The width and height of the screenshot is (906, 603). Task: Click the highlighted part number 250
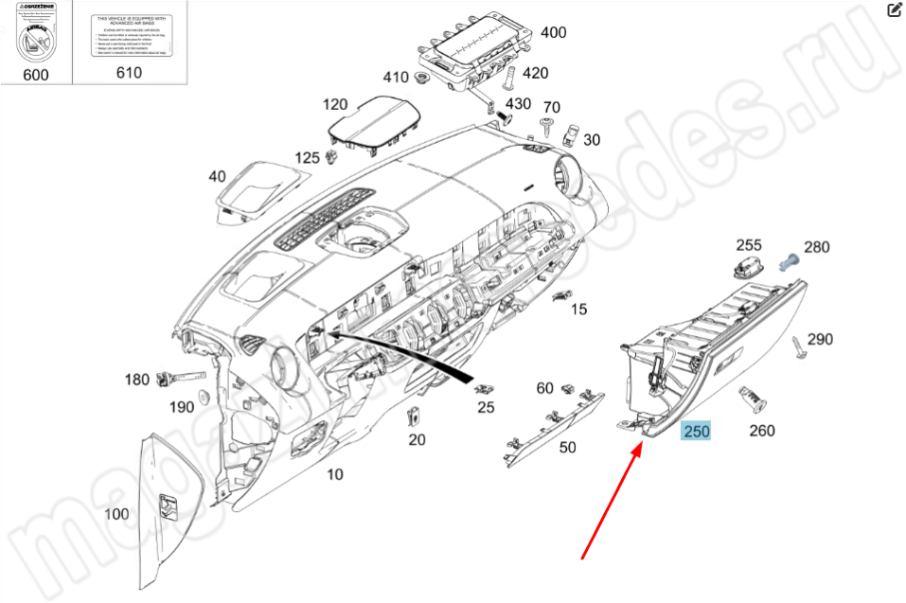tap(697, 431)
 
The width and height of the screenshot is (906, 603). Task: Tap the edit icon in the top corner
tap(894, 11)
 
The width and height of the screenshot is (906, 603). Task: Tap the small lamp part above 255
tap(749, 257)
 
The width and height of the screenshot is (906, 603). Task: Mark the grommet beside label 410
tap(422, 77)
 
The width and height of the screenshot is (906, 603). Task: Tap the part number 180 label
tap(137, 380)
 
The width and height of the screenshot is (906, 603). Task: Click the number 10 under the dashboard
tap(334, 474)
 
